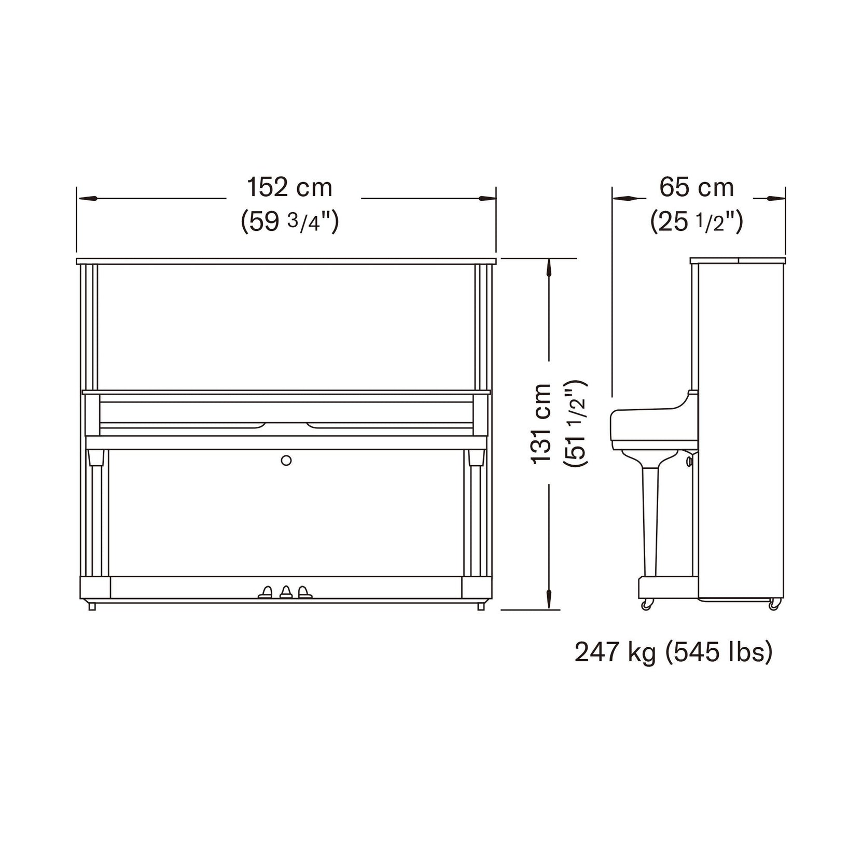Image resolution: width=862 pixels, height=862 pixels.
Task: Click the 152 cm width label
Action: point(289,187)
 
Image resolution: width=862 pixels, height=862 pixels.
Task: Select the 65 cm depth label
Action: point(697,187)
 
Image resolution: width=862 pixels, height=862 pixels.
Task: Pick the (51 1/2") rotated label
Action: point(576,424)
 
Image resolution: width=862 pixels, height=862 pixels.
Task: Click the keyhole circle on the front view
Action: point(286,460)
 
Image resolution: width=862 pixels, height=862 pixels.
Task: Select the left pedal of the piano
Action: point(266,592)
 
